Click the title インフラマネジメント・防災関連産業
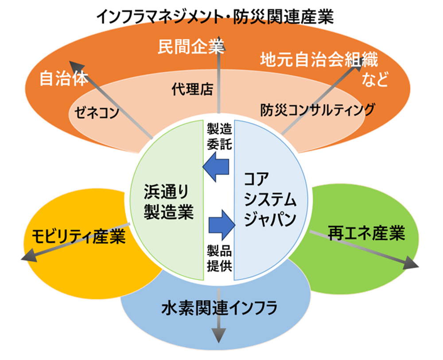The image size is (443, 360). (215, 17)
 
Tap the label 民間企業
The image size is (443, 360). (191, 47)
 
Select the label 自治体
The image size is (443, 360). (64, 78)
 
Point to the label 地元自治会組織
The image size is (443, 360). (319, 60)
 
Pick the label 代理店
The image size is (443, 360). (192, 90)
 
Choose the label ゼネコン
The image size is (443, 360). (97, 112)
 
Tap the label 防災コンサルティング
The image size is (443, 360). (318, 110)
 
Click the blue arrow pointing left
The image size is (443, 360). (216, 167)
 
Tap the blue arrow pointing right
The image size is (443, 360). (222, 225)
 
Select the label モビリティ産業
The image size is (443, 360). (78, 236)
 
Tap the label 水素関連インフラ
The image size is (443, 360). (220, 308)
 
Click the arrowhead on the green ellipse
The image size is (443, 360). (411, 262)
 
